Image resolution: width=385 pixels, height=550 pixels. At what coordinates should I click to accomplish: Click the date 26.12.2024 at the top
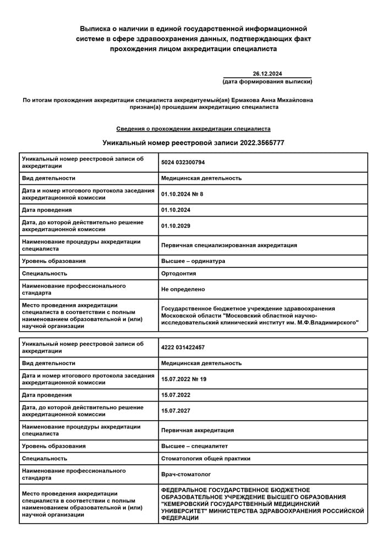(267, 74)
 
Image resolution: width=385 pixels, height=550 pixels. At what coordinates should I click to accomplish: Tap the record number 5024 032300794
(183, 162)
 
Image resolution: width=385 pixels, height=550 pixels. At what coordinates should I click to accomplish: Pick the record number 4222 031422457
(183, 348)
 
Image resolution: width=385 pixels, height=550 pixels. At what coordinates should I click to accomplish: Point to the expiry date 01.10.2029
(175, 226)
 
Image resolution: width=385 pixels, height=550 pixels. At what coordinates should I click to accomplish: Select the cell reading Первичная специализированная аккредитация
(229, 245)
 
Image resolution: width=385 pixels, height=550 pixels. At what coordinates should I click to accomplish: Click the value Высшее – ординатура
(193, 261)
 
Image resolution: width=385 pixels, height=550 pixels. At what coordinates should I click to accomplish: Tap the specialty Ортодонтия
(179, 273)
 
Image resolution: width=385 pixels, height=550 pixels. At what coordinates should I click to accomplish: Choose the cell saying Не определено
(183, 289)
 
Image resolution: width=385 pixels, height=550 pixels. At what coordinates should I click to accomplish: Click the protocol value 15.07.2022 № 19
(184, 379)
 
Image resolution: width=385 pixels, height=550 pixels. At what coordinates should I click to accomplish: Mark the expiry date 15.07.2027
(175, 410)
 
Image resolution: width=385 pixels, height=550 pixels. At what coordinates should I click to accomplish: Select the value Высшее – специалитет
(194, 446)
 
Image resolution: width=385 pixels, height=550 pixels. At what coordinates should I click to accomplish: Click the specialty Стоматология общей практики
(206, 458)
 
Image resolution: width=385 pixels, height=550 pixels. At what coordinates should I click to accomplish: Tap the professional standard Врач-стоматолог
(186, 474)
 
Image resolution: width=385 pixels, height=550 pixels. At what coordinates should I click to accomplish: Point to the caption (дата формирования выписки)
(267, 82)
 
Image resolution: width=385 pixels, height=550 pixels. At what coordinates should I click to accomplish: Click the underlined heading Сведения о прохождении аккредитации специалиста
(193, 129)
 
